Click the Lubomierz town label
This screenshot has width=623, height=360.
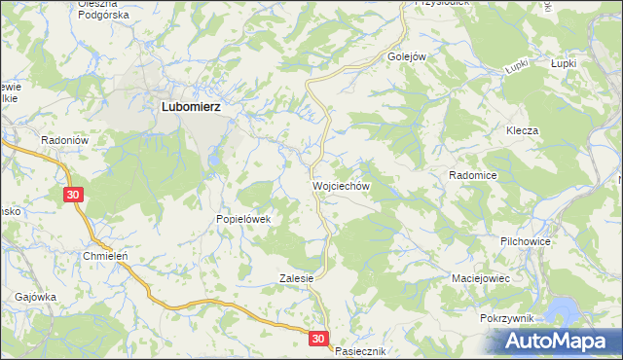pos(191,109)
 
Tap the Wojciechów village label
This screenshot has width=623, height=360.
pos(341,184)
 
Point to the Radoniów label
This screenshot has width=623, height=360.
pos(65,140)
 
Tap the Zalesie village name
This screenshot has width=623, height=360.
pos(296,277)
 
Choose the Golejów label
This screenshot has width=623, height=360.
pos(408,56)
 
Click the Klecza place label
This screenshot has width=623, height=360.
pos(522,130)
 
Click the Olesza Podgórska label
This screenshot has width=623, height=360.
pos(103,9)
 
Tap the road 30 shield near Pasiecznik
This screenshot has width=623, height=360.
pos(320,338)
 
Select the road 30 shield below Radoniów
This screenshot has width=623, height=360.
pos(74,196)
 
